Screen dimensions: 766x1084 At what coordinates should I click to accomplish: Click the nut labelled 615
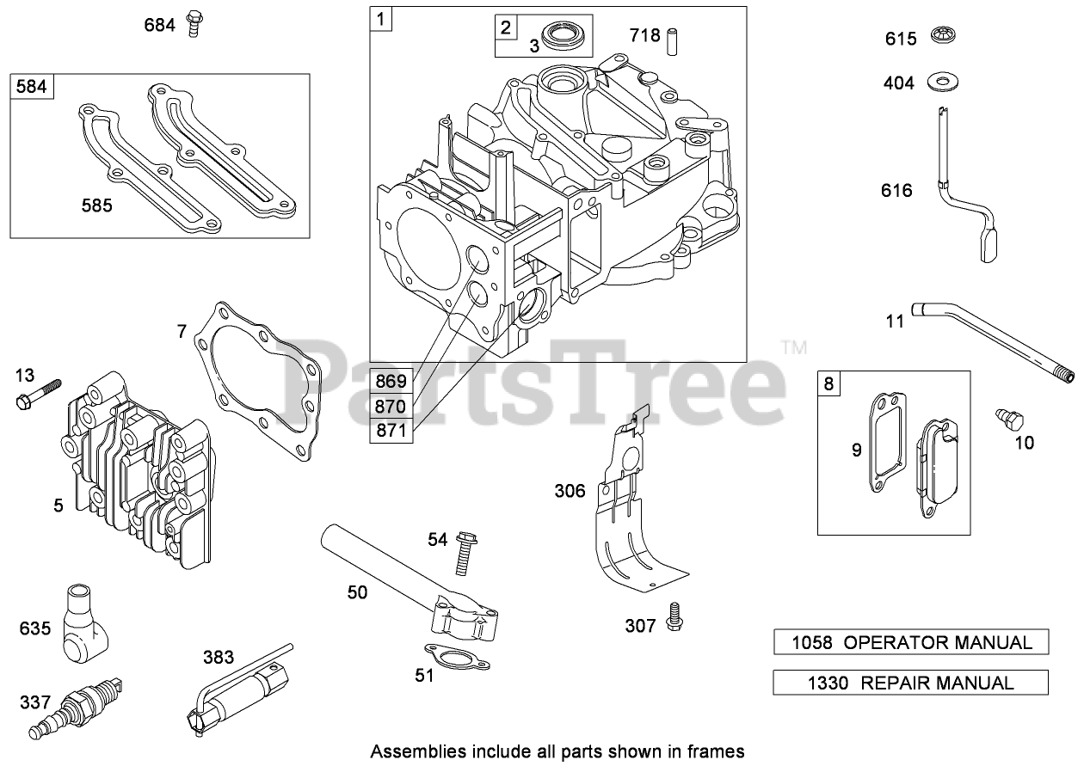945,37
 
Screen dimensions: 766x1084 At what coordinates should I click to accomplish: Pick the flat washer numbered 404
945,83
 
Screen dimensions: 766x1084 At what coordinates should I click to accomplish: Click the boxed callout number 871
392,430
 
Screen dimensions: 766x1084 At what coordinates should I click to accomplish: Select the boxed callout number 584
33,87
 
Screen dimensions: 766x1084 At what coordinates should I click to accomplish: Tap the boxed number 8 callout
828,383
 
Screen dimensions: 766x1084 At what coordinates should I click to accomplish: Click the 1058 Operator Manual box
911,642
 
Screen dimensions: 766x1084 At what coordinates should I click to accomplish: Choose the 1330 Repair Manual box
911,683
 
